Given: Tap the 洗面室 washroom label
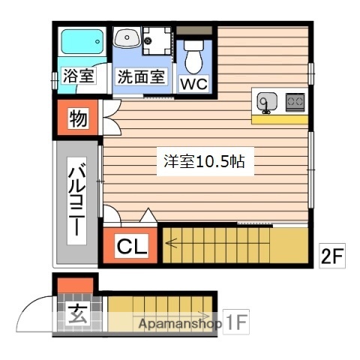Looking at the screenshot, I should (140, 76).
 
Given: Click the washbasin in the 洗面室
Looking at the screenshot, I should (125, 36).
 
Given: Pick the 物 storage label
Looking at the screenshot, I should (77, 118).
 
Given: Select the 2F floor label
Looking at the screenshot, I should (332, 257).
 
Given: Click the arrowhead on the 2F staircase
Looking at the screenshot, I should (170, 242).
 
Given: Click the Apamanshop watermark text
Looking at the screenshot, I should (178, 324).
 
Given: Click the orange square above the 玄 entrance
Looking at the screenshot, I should (74, 286).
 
